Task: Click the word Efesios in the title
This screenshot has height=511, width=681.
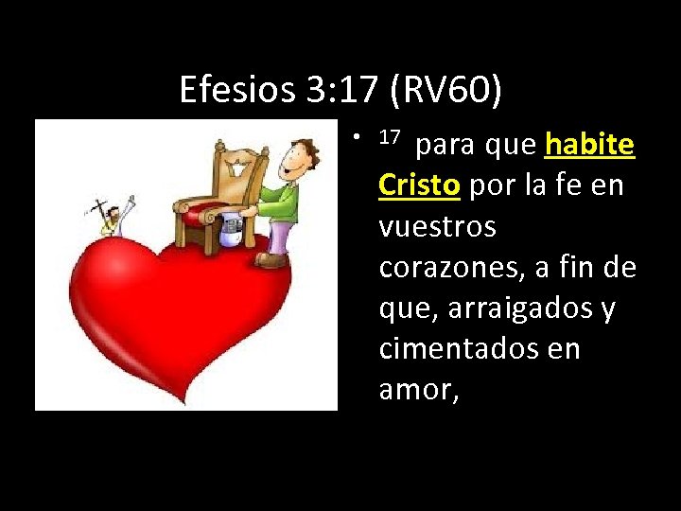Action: click(x=237, y=91)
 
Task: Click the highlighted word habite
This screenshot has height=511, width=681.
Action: click(x=589, y=145)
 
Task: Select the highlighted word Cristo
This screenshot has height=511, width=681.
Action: click(x=419, y=185)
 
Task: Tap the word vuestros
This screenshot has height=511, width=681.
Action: click(x=437, y=227)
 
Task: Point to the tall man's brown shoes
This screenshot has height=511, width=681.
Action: click(x=271, y=256)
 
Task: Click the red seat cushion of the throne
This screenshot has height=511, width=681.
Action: click(x=201, y=214)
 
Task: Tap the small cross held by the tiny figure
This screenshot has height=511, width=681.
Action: click(x=100, y=208)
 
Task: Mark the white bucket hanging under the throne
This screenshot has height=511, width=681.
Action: click(x=231, y=231)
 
